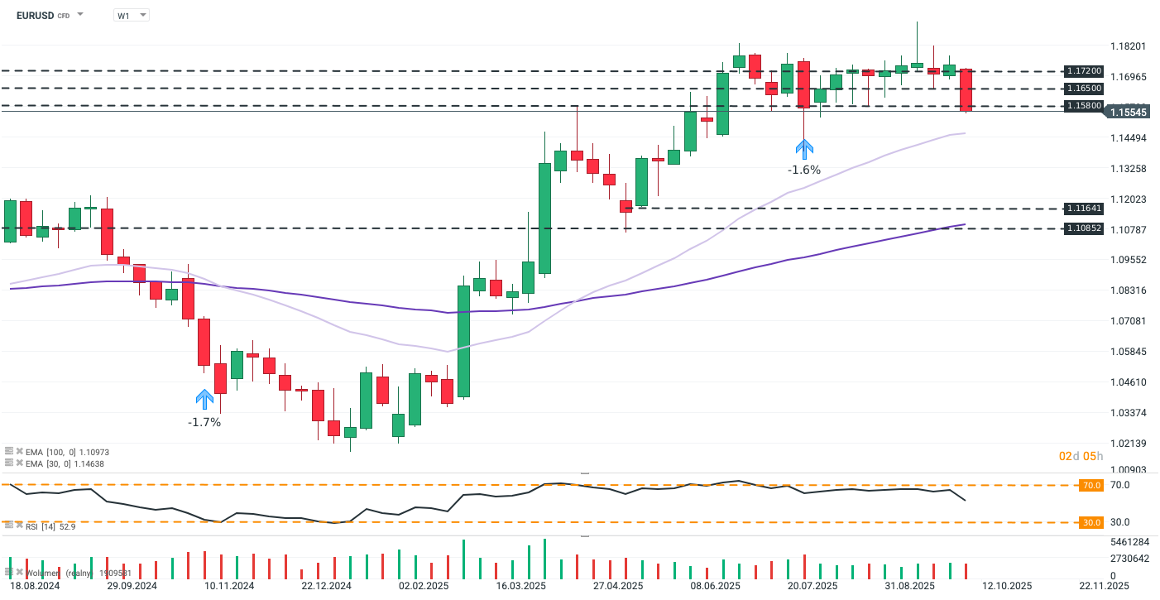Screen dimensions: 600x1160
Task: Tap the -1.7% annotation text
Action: [x=204, y=422]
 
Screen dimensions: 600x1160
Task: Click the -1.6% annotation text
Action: [x=804, y=170]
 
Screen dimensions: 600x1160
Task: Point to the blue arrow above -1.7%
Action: [x=204, y=400]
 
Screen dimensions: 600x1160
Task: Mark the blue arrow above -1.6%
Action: [x=804, y=148]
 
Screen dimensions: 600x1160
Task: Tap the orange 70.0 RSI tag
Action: [x=1091, y=486]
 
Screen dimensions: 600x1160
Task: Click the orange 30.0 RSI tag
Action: [x=1091, y=523]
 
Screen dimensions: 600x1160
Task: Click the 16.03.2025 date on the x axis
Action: [x=521, y=585]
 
